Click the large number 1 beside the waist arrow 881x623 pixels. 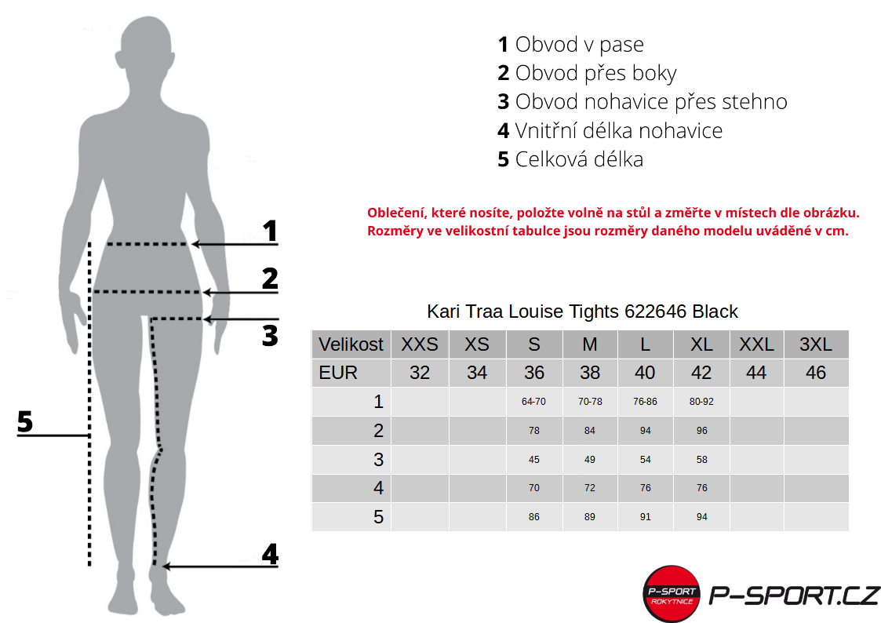pyautogui.click(x=270, y=231)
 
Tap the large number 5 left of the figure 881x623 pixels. pyautogui.click(x=25, y=421)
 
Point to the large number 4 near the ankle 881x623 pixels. pyautogui.click(x=270, y=554)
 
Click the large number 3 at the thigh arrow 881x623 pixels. pyautogui.click(x=270, y=335)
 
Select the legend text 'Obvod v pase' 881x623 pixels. pyautogui.click(x=579, y=45)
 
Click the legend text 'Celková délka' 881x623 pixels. pyautogui.click(x=579, y=159)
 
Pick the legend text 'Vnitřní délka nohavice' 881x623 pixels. pyautogui.click(x=619, y=130)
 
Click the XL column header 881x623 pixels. pyautogui.click(x=701, y=344)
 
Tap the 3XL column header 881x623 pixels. pyautogui.click(x=816, y=344)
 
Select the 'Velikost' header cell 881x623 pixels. pyautogui.click(x=351, y=344)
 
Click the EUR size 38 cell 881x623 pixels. pyautogui.click(x=590, y=373)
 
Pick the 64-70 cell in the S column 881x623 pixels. pyautogui.click(x=533, y=402)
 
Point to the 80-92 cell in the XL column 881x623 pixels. pyautogui.click(x=701, y=402)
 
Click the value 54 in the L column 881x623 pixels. pyautogui.click(x=645, y=460)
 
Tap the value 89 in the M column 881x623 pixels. pyautogui.click(x=590, y=517)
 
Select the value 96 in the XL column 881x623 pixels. pyautogui.click(x=701, y=430)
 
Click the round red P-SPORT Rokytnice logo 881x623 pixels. pyautogui.click(x=672, y=594)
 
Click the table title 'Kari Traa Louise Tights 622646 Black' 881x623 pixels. pyautogui.click(x=582, y=311)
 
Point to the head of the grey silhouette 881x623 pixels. pyautogui.click(x=144, y=48)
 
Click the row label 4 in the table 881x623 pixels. pyautogui.click(x=378, y=487)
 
